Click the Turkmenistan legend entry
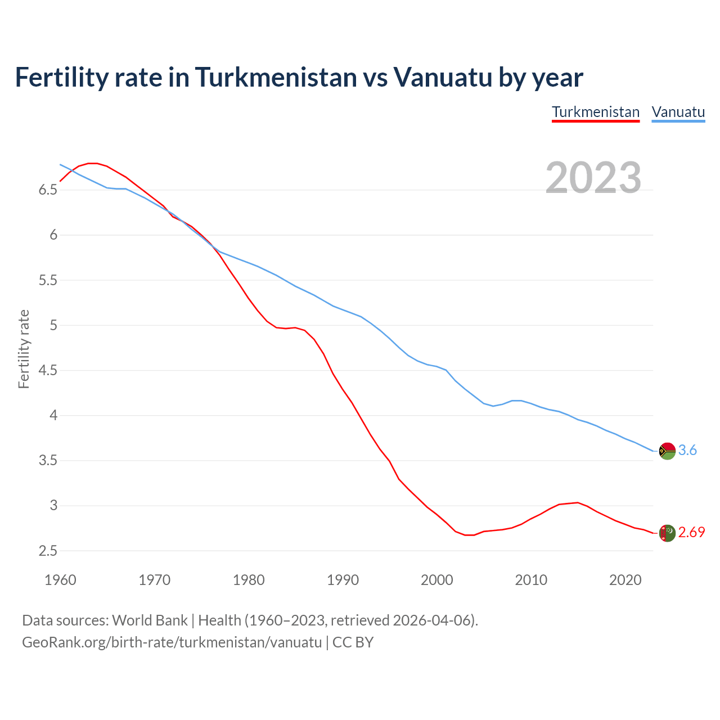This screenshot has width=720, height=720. pos(596,112)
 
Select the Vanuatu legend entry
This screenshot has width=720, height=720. pos(678,112)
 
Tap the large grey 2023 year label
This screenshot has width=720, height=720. pos(593,178)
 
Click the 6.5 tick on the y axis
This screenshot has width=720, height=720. pos(48,190)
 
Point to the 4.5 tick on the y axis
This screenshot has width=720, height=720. pos(48,371)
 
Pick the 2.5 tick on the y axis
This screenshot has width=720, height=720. pos(48,551)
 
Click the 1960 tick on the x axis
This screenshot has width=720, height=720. pos(60,580)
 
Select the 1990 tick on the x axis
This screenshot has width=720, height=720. pos(343,580)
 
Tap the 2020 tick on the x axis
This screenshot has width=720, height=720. pos(625,580)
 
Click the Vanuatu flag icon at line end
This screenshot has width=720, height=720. pos(667,451)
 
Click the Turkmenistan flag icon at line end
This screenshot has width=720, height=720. pos(667,533)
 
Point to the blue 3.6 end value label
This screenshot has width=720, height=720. pos(687,451)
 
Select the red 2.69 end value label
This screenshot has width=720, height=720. pos(691,533)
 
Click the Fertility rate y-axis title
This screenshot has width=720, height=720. pos(24,349)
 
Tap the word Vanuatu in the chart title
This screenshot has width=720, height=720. pos(443,77)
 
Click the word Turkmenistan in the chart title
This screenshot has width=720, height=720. pos(276,77)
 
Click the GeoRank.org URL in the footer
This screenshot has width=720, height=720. pos(172,642)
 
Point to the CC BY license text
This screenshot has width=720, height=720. pos(353,642)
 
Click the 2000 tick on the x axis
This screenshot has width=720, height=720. pos(437,580)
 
